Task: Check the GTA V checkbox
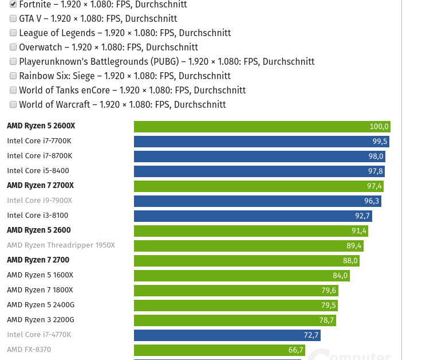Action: pyautogui.click(x=13, y=18)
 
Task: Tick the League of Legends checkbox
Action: pyautogui.click(x=13, y=33)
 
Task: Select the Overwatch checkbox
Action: pyautogui.click(x=13, y=47)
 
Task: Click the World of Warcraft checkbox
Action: pyautogui.click(x=13, y=104)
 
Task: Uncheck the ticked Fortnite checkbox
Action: pyautogui.click(x=13, y=4)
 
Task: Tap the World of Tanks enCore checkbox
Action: pyautogui.click(x=13, y=90)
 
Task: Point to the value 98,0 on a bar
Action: pyautogui.click(x=376, y=156)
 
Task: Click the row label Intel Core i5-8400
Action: pyautogui.click(x=38, y=171)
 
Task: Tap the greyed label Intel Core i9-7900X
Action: pyautogui.click(x=40, y=201)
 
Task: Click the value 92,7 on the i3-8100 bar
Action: pyautogui.click(x=362, y=216)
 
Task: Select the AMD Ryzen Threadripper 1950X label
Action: pyautogui.click(x=61, y=245)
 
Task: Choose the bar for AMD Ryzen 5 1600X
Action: pyautogui.click(x=240, y=276)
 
